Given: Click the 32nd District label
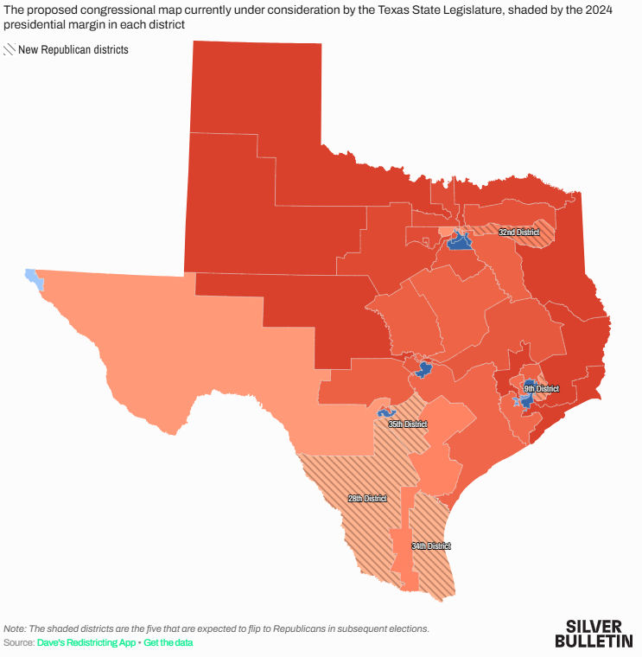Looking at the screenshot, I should click(518, 233).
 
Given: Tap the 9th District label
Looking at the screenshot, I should click(541, 389).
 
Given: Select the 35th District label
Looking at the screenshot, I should click(407, 424).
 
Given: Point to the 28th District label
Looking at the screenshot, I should click(367, 499).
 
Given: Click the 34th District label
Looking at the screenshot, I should click(430, 546).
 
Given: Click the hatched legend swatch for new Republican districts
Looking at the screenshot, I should click(10, 50).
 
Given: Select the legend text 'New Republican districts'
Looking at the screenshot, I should click(73, 50).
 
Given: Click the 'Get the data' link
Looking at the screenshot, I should click(168, 643).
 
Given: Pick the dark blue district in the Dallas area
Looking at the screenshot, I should click(459, 242).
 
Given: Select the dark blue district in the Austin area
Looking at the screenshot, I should click(423, 370).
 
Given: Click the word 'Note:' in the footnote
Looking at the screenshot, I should click(15, 629).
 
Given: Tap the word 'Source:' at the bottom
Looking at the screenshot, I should click(18, 643).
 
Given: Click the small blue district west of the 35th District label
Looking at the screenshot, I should click(383, 414).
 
